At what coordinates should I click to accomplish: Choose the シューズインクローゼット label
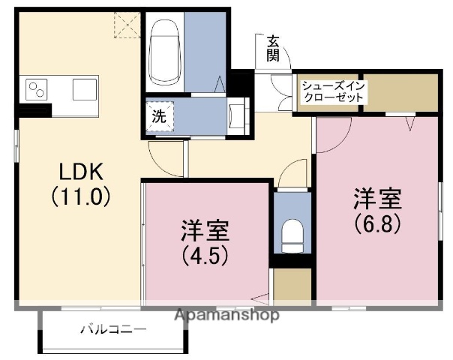coord(334,92)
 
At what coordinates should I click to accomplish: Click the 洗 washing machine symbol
coord(160,117)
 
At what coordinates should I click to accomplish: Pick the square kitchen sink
coord(85,90)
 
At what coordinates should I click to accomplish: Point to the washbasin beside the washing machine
coord(240,115)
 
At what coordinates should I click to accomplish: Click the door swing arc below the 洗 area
coord(163,156)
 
